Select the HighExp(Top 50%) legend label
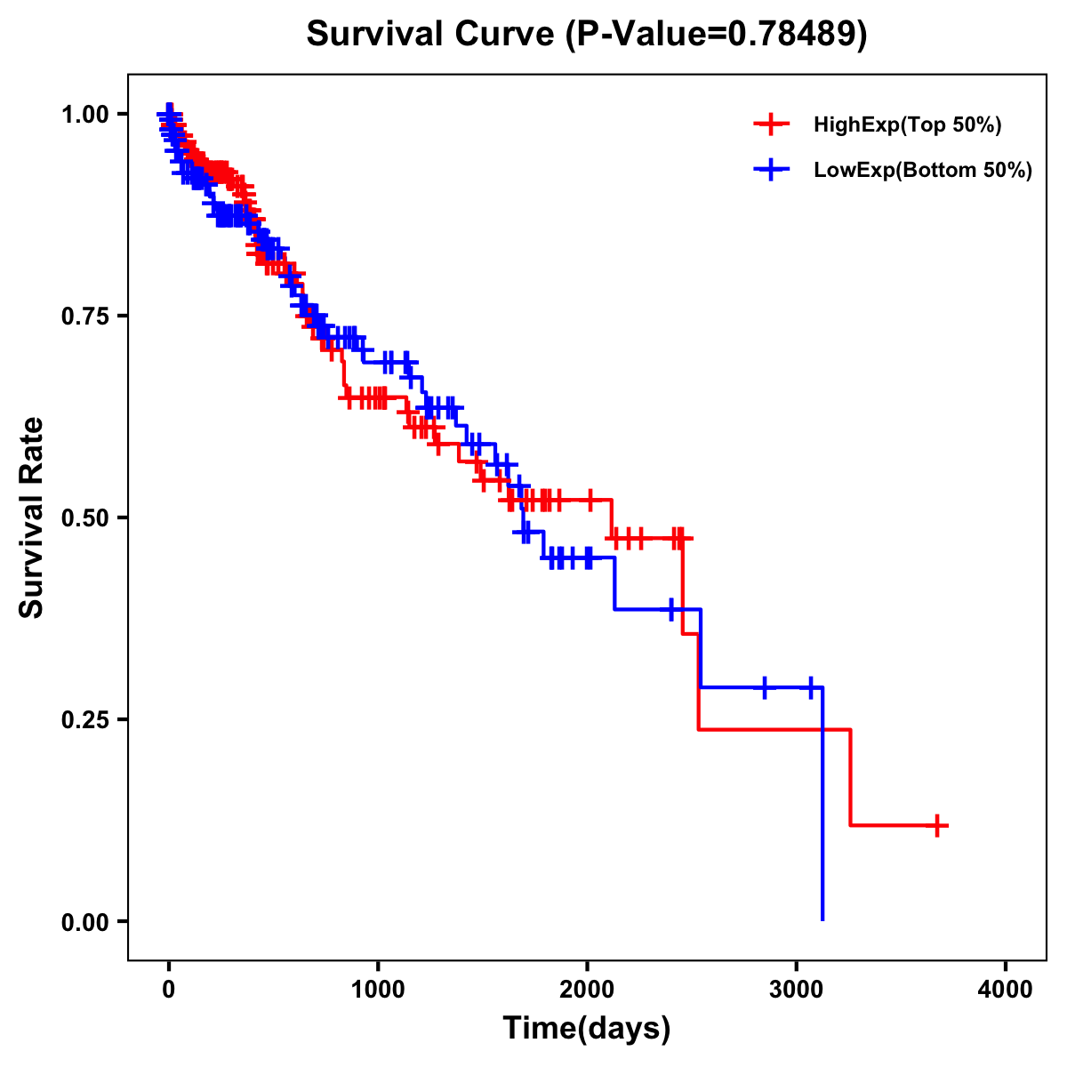point(908,125)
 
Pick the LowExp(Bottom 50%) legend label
point(923,171)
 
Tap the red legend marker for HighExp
point(771,124)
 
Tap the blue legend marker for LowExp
point(771,170)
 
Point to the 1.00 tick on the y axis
point(84,115)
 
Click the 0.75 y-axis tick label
point(84,317)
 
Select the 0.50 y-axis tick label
point(84,518)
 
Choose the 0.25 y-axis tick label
point(84,720)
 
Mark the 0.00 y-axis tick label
point(84,922)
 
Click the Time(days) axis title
point(587,1029)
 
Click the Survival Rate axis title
point(32,517)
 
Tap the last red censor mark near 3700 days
point(937,825)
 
